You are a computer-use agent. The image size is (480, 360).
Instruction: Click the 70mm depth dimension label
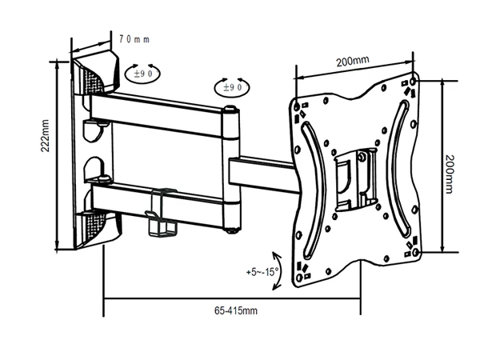click(134, 38)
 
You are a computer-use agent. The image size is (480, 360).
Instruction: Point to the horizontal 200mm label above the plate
click(352, 61)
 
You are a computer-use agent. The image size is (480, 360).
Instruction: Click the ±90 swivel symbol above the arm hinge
click(231, 86)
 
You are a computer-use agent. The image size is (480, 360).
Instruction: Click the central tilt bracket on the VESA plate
click(354, 176)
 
